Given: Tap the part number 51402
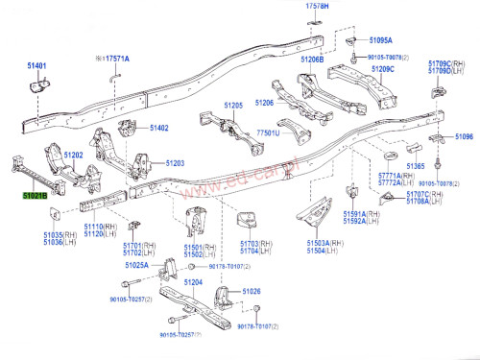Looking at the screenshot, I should [159, 128].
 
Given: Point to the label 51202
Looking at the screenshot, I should [74, 155].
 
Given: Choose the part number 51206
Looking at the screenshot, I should [265, 103].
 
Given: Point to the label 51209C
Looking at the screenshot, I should [383, 69].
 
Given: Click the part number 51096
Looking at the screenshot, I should [464, 137].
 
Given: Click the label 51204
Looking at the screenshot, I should [193, 282].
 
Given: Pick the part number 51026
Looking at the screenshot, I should [252, 291].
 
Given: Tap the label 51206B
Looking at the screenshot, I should [312, 60].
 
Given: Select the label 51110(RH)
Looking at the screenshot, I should [100, 227].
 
